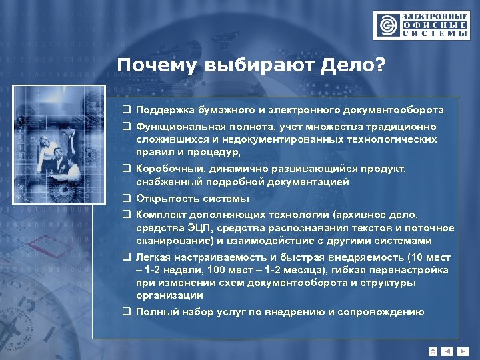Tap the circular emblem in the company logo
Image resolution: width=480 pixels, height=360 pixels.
[387, 25]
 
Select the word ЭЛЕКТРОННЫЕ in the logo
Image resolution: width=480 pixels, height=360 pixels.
[433, 15]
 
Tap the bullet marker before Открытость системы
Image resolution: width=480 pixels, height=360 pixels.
[125, 199]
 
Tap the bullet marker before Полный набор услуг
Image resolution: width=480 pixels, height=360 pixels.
[125, 312]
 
